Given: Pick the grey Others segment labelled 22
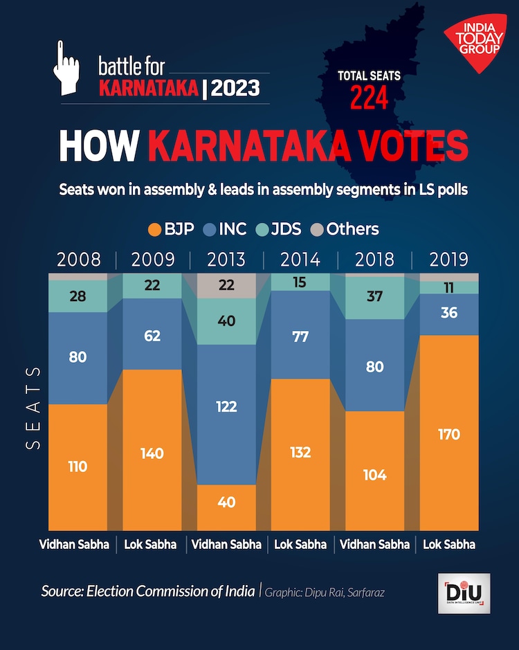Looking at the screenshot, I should [226, 285].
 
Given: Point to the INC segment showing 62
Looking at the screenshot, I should [152, 334].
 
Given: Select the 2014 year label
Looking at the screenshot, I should [300, 260].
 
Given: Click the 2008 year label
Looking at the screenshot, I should [78, 260].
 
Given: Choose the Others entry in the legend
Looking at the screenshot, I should [343, 229].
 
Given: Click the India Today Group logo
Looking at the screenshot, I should [479, 45].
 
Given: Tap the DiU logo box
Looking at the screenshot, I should [464, 593].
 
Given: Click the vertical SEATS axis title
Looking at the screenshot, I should [34, 408].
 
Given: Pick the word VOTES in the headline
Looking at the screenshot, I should [397, 148].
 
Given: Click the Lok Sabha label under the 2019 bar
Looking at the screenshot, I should [448, 544].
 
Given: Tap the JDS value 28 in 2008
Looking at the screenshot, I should [78, 296].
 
